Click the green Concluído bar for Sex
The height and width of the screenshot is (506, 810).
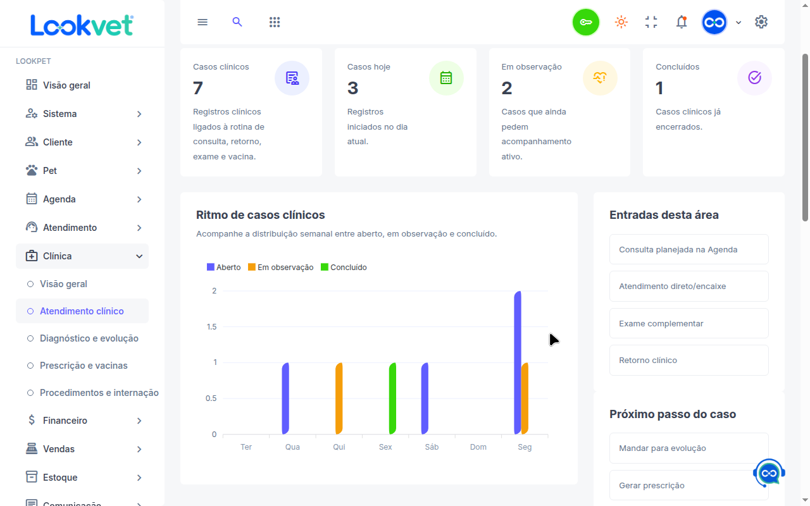(x=392, y=398)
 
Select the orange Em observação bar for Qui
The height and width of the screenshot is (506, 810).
(x=339, y=398)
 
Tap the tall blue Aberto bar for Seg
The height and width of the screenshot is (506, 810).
(x=518, y=362)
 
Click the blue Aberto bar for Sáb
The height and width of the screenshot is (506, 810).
(x=425, y=398)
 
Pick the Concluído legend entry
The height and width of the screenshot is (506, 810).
(x=344, y=267)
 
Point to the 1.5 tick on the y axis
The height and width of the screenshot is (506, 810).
(x=211, y=327)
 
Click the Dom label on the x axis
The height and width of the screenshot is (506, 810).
(x=478, y=447)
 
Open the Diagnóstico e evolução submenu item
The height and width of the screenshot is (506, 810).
(x=89, y=338)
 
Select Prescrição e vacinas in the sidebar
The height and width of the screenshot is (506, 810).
(x=84, y=366)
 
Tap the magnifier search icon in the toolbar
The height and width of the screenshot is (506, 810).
(x=237, y=22)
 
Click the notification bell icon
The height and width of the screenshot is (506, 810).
(x=682, y=22)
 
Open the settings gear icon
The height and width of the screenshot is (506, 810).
(x=761, y=22)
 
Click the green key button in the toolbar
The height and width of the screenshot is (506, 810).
(x=585, y=22)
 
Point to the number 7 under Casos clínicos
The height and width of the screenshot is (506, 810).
(x=198, y=88)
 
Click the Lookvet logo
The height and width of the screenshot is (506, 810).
(x=82, y=25)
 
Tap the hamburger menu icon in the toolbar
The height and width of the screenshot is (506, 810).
(x=202, y=22)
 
